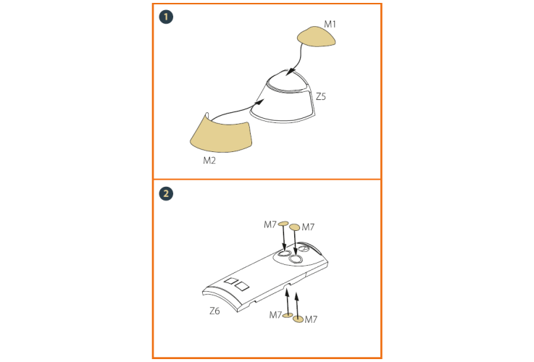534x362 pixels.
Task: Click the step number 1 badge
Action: pos(166,17)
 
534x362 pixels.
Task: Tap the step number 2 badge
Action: pos(166,193)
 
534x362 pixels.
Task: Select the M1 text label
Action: pos(330,24)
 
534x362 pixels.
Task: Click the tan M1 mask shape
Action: pos(316,37)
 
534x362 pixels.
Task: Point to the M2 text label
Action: pos(209,160)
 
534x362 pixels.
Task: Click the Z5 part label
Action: pos(321,96)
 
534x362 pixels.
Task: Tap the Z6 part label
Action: pos(214,311)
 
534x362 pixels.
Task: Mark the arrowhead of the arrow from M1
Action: pos(289,72)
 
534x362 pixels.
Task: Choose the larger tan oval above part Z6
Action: pos(295,227)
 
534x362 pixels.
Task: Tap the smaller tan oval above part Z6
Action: pos(283,224)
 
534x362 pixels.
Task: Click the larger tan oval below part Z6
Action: pos(298,319)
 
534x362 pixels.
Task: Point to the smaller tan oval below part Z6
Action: pos(288,315)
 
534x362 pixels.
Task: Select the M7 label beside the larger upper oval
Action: pos(308,227)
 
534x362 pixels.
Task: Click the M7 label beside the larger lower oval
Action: pos(311,319)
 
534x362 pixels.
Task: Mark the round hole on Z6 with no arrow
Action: pos(304,249)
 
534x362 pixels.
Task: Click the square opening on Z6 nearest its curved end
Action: pos(242,286)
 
